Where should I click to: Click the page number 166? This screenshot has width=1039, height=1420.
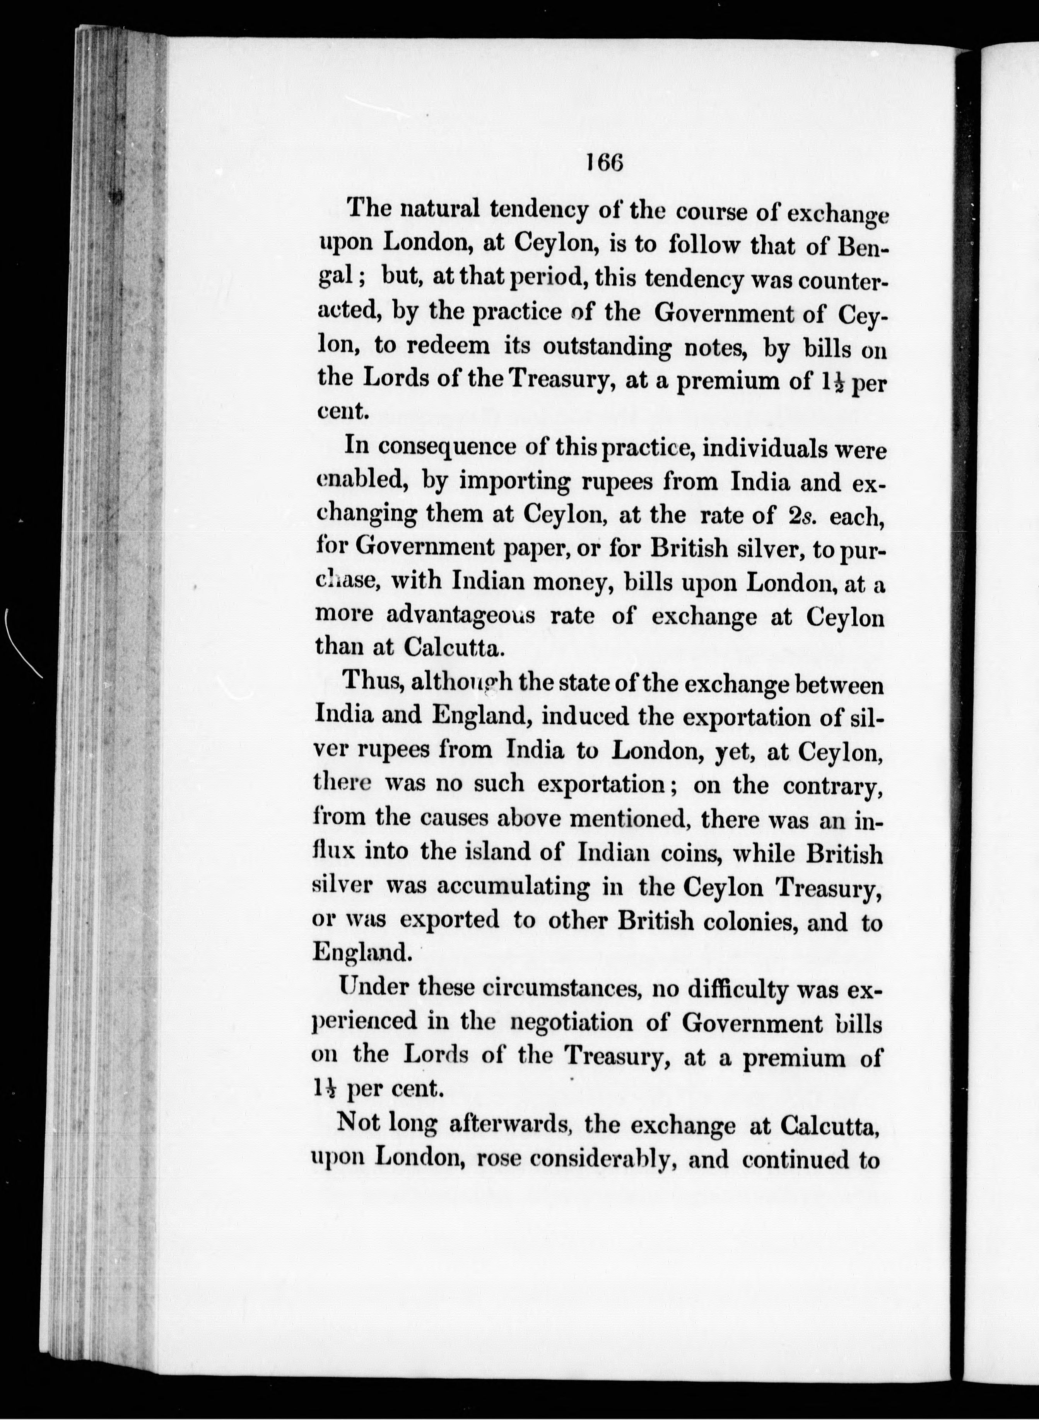(x=604, y=164)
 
